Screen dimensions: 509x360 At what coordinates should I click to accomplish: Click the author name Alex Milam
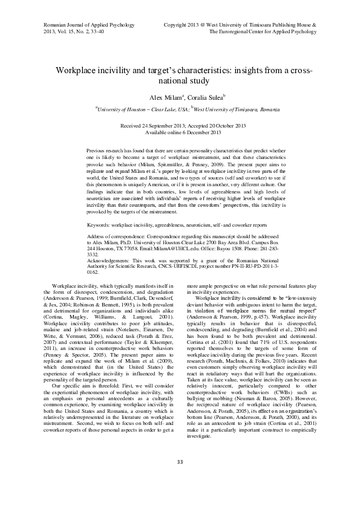[163, 97]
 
